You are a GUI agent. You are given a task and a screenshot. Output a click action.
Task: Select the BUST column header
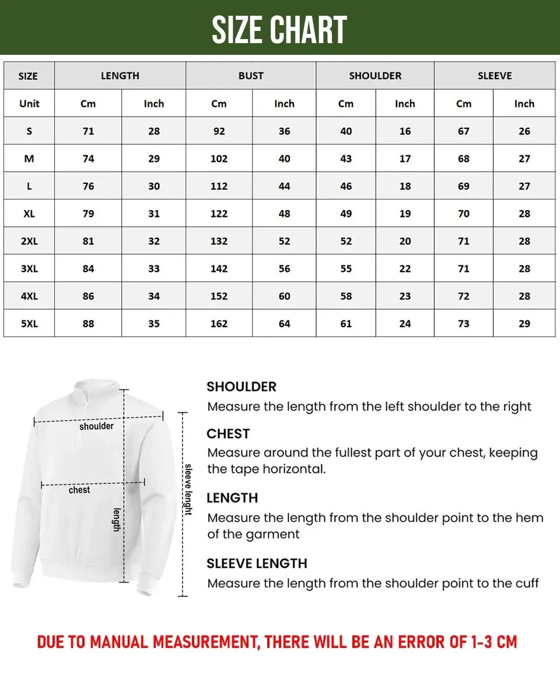[251, 76]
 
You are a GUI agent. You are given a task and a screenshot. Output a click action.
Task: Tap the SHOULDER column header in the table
[375, 76]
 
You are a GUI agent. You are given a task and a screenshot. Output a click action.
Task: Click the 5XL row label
[29, 324]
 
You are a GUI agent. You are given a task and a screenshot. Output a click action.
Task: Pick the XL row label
[29, 213]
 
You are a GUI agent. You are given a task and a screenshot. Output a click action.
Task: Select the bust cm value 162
[219, 324]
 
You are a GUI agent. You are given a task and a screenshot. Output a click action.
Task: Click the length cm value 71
[88, 131]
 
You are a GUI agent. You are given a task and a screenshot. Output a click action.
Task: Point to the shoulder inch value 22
[405, 269]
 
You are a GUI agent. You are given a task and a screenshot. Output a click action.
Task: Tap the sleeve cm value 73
[464, 324]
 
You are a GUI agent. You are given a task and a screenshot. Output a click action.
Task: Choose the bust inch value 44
[284, 186]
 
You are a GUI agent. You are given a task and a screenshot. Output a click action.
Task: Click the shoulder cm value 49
[346, 213]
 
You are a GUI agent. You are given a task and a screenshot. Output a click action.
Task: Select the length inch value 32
[154, 241]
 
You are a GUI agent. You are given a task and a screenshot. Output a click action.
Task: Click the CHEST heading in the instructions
[228, 434]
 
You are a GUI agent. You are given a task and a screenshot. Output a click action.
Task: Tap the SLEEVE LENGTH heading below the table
[257, 563]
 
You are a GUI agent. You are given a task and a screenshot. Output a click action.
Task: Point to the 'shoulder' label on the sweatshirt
[96, 426]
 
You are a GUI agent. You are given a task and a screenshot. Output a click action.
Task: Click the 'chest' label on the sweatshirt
[79, 490]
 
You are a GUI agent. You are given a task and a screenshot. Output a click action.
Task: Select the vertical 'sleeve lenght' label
[188, 489]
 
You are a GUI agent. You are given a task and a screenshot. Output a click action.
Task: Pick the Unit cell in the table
[29, 104]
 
